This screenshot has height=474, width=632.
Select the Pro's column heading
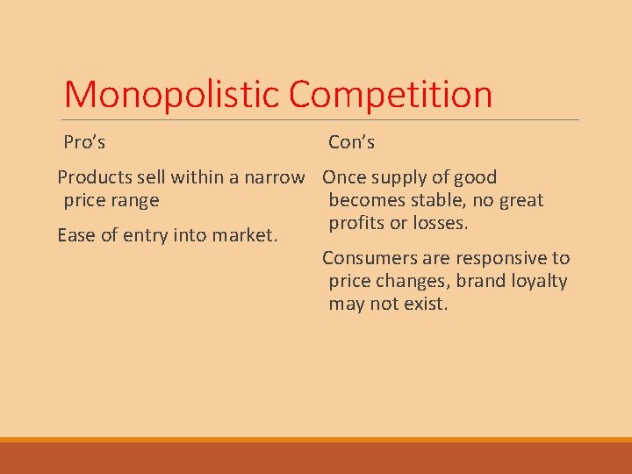[x=84, y=141]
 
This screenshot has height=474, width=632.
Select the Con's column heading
[x=351, y=141]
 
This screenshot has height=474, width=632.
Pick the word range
[x=134, y=200]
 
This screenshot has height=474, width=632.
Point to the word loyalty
[x=537, y=282]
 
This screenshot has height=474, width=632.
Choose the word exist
[x=426, y=304]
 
